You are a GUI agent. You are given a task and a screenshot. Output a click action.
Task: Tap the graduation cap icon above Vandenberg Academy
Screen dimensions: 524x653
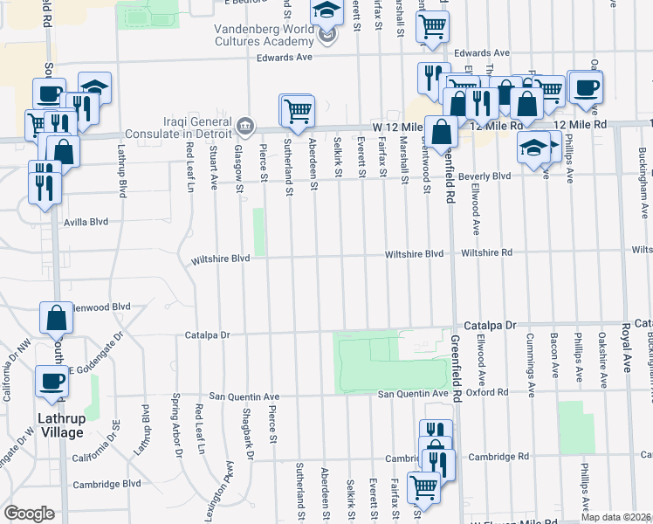pyautogui.click(x=327, y=11)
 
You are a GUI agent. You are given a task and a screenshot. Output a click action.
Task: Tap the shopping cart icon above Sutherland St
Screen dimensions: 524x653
pyautogui.click(x=298, y=110)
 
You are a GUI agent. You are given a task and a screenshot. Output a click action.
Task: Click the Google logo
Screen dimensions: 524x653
pyautogui.click(x=29, y=514)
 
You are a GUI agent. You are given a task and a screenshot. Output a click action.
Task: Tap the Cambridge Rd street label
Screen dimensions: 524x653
pyautogui.click(x=498, y=457)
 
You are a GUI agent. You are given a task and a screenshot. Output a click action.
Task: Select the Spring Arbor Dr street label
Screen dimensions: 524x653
pyautogui.click(x=177, y=426)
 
